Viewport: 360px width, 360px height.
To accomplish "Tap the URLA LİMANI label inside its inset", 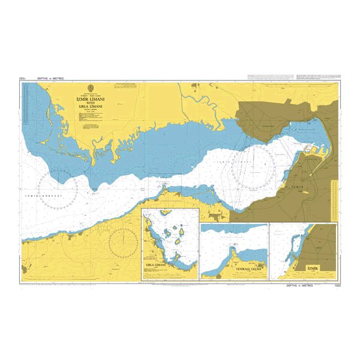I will tap(156, 264).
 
